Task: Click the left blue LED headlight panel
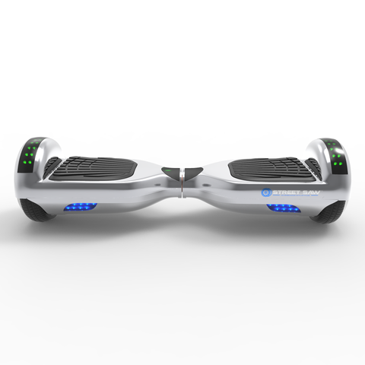pyautogui.click(x=81, y=207)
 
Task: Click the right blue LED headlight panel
pyautogui.click(x=284, y=208)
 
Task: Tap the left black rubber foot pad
pyautogui.click(x=93, y=168)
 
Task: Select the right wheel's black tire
pyautogui.click(x=329, y=212)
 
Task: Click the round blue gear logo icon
pyautogui.click(x=266, y=192)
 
